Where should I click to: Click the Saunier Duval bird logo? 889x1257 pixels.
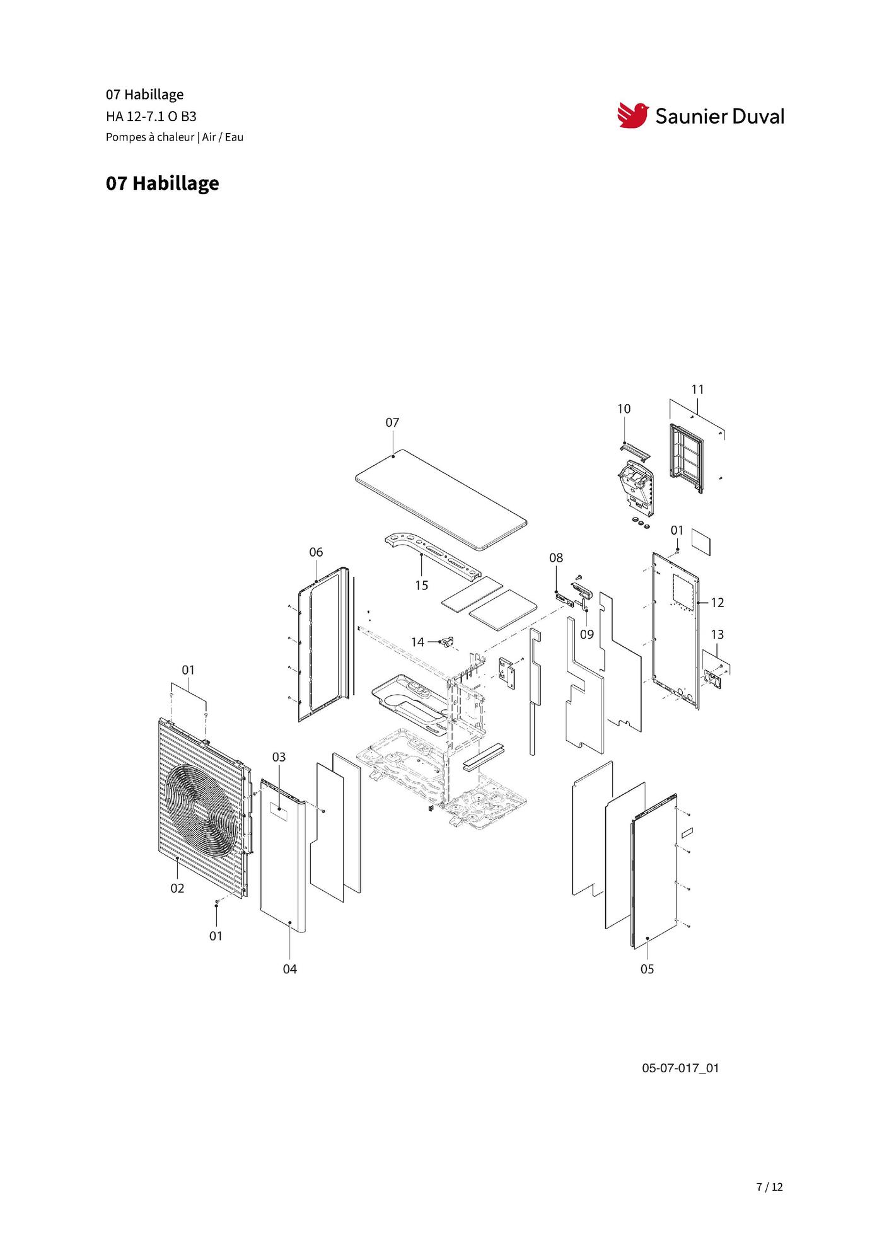tap(632, 115)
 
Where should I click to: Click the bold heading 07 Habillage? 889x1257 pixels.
tap(163, 183)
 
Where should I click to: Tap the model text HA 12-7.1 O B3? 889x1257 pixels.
tap(151, 116)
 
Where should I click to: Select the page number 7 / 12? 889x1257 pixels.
tap(769, 1186)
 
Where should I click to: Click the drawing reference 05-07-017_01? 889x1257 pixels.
tap(680, 1068)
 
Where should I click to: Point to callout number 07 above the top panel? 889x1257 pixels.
tap(392, 422)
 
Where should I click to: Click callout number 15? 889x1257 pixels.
tap(421, 586)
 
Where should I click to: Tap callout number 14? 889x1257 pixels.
tap(417, 642)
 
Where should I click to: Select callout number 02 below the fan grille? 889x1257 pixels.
tap(177, 888)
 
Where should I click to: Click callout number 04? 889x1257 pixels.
tap(289, 969)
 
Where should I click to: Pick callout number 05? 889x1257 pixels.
tap(647, 969)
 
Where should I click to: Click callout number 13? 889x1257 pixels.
tap(717, 634)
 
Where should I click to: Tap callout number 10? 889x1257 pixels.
tap(624, 408)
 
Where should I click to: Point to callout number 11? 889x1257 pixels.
tap(697, 390)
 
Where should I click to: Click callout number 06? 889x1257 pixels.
tap(316, 552)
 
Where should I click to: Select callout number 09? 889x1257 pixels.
tap(587, 634)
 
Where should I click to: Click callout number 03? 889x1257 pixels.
tap(279, 756)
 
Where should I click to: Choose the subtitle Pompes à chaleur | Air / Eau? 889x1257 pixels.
tap(175, 137)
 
